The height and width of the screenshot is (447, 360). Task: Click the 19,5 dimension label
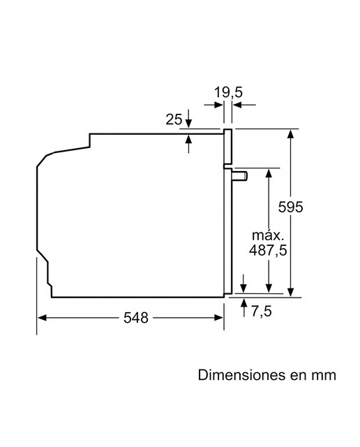point(228,92)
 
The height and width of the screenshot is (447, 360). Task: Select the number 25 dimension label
point(174,119)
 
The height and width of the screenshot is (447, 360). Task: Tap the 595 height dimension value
point(290,207)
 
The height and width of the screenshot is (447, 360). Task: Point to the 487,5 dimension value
point(268,251)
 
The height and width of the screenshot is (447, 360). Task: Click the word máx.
point(268,235)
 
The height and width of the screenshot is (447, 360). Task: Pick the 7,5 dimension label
point(262,311)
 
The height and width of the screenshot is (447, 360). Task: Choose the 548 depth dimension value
point(136,318)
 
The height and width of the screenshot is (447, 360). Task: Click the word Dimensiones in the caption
point(241,375)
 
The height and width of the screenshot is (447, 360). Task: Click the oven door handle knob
point(240,176)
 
